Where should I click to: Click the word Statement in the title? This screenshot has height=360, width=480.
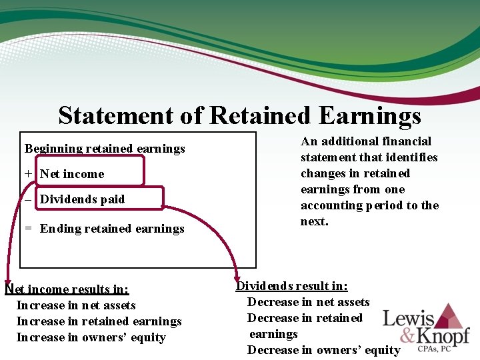(x=115, y=115)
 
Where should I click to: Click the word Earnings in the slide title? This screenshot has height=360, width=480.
(x=370, y=115)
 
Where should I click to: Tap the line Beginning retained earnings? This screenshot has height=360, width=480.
(x=105, y=148)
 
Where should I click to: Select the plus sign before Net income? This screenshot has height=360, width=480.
(x=28, y=174)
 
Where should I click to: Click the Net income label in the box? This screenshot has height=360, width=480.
(x=72, y=174)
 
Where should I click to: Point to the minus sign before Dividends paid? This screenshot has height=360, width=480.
(x=28, y=199)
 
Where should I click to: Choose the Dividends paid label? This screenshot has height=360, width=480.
(x=82, y=199)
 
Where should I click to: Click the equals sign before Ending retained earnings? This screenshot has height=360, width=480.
(x=28, y=229)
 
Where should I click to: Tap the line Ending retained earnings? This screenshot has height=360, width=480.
(x=112, y=229)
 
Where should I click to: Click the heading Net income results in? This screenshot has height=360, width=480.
(x=67, y=289)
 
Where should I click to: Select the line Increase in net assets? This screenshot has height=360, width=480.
(x=76, y=305)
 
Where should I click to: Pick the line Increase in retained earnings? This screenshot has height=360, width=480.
(x=99, y=321)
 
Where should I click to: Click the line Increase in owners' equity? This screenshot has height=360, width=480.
(x=91, y=337)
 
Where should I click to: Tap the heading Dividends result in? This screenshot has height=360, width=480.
(x=292, y=286)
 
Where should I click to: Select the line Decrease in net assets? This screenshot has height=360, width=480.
(x=308, y=302)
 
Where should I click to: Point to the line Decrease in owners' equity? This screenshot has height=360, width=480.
(x=324, y=350)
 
